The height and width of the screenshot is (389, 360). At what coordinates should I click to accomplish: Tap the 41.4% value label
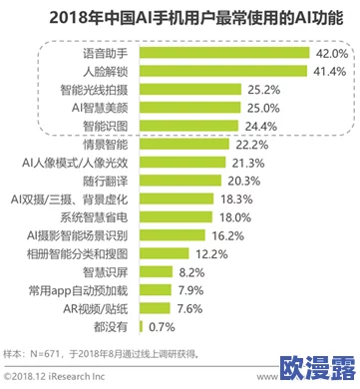tap(324, 72)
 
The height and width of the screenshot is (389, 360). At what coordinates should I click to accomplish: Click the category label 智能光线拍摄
tap(96, 90)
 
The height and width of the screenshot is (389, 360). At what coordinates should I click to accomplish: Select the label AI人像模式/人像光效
tap(77, 164)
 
